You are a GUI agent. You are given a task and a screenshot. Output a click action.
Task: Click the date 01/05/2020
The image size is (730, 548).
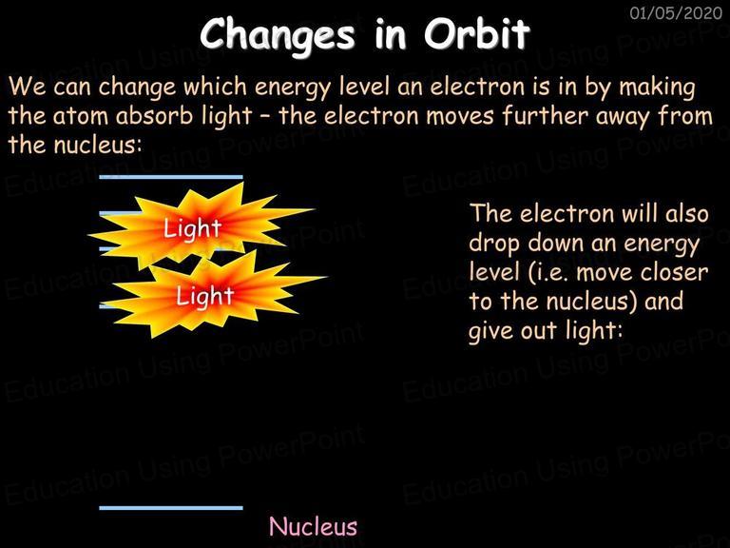(676, 12)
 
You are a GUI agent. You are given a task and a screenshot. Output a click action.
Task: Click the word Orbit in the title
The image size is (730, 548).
(477, 34)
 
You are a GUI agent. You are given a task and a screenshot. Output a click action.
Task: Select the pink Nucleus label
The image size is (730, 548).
(314, 526)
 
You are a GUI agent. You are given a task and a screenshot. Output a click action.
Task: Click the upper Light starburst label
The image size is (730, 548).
(192, 228)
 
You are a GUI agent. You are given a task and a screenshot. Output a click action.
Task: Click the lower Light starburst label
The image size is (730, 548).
(205, 296)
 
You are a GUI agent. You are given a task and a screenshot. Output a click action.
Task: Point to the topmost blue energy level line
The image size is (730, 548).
(171, 177)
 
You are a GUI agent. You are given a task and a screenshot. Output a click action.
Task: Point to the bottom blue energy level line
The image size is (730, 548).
(171, 508)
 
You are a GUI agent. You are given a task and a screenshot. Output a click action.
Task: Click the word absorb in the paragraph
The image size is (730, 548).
(154, 115)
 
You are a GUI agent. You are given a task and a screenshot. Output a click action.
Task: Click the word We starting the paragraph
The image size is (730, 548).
(27, 87)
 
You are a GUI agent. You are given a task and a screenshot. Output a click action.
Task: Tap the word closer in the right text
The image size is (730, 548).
(674, 273)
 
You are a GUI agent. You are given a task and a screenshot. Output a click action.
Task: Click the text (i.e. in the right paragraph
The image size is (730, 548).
(548, 273)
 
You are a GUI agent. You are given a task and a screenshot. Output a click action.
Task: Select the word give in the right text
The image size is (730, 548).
(490, 331)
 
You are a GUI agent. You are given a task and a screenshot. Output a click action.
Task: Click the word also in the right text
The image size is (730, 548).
(686, 214)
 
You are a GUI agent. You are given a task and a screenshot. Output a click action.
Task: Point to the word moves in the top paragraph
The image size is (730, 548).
(459, 116)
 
